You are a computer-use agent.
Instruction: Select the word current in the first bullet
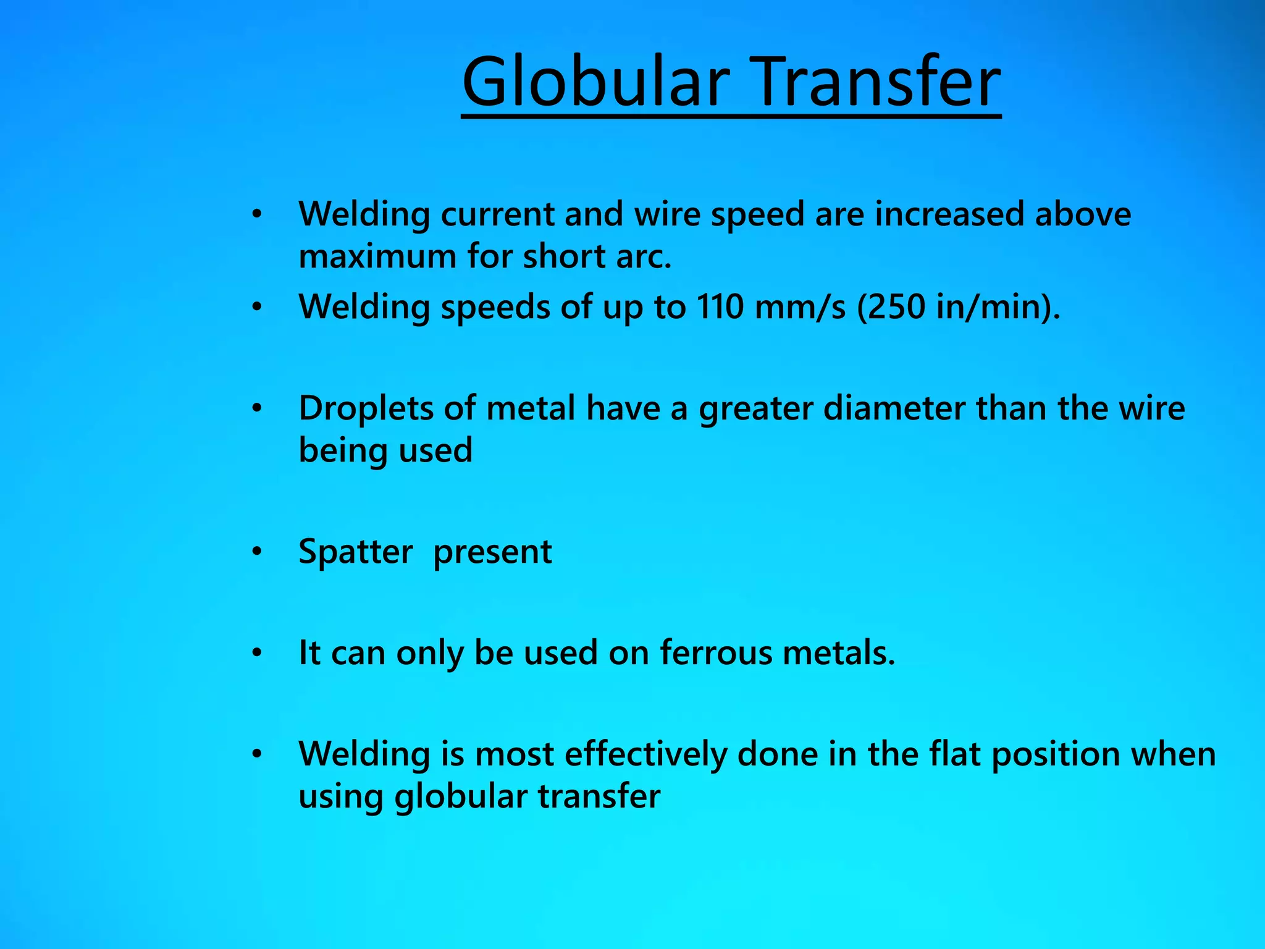pyautogui.click(x=497, y=214)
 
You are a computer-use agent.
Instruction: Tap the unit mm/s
pyautogui.click(x=801, y=306)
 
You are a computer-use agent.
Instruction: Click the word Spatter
pyautogui.click(x=356, y=552)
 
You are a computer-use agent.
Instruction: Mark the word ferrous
pyautogui.click(x=716, y=653)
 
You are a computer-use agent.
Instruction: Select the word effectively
pyautogui.click(x=645, y=754)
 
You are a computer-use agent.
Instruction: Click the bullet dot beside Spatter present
pyautogui.click(x=257, y=551)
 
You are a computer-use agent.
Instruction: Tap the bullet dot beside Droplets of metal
pyautogui.click(x=257, y=408)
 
